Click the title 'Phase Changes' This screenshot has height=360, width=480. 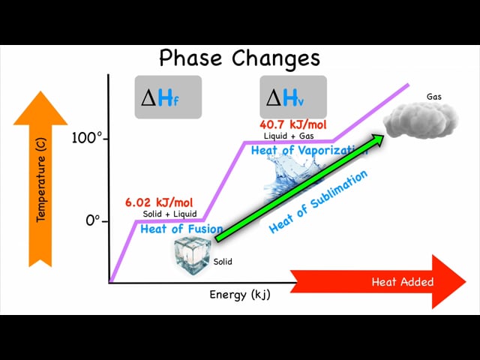point(240,58)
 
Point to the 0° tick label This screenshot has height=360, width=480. point(93,220)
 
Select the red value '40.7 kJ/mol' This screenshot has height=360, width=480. point(293,125)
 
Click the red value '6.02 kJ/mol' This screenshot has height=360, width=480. point(159,202)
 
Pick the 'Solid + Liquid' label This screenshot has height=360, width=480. point(169,214)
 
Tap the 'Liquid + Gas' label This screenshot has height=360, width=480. point(289,136)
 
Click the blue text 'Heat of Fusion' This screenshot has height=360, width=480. point(181,229)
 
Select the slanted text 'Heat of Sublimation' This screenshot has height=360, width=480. point(318,202)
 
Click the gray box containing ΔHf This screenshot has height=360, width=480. point(168,97)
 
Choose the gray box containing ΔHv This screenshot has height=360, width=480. point(293,97)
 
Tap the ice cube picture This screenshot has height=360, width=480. point(192,256)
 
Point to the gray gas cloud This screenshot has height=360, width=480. point(421,120)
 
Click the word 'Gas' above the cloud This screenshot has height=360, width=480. point(434,97)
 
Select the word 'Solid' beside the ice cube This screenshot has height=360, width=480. point(223,262)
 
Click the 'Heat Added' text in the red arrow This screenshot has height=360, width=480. point(403,282)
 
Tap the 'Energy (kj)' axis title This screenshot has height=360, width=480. point(240,295)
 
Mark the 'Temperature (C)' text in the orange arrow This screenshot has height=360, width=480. point(40,180)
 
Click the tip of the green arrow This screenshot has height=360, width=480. point(384,135)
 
